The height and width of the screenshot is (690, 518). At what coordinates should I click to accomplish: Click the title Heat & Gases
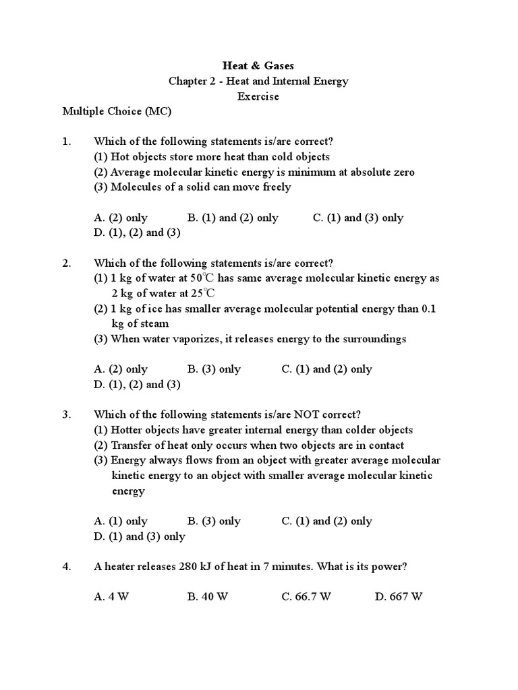258,65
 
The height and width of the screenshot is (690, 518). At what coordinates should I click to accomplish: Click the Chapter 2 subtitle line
258,81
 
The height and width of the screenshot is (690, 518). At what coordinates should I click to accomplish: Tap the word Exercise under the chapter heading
258,96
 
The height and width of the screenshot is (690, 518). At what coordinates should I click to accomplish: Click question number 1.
66,142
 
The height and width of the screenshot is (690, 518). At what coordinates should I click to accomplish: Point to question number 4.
66,567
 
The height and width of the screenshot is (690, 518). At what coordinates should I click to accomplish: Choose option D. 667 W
399,597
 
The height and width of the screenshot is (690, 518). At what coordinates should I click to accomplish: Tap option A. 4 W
111,597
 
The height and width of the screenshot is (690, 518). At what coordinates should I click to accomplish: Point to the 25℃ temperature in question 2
202,293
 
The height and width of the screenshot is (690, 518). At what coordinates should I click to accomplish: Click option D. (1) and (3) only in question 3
140,536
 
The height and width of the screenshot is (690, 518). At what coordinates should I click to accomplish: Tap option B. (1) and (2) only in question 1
233,218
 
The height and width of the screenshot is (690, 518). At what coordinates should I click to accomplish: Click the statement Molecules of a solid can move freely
192,187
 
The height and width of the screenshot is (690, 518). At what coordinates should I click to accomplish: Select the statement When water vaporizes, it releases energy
250,339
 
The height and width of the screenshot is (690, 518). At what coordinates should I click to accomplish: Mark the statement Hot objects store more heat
211,156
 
